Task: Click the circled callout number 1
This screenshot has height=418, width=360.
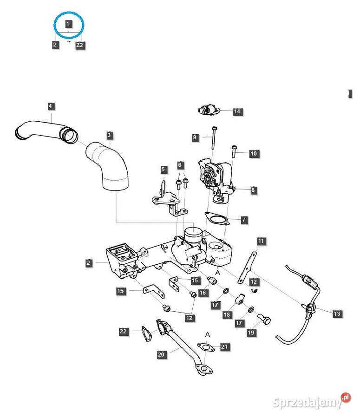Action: coord(69,23)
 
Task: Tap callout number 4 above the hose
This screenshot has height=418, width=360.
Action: coord(51,106)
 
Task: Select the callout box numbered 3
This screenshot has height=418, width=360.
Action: coord(109,136)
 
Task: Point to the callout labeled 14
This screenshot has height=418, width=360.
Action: coord(237,111)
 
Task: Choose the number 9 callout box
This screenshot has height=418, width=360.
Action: coord(196,137)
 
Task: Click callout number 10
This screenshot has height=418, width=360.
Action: coord(254,154)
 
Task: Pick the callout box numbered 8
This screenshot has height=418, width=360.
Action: coord(253,190)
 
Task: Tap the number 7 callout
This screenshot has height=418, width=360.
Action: coord(244,220)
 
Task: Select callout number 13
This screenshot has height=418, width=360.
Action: coord(337,314)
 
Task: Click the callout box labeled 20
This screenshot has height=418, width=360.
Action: coord(161,355)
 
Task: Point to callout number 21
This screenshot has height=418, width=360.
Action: coord(225,347)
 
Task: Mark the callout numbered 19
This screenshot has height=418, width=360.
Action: coord(251,333)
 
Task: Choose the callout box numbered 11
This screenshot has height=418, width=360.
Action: coord(261,241)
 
